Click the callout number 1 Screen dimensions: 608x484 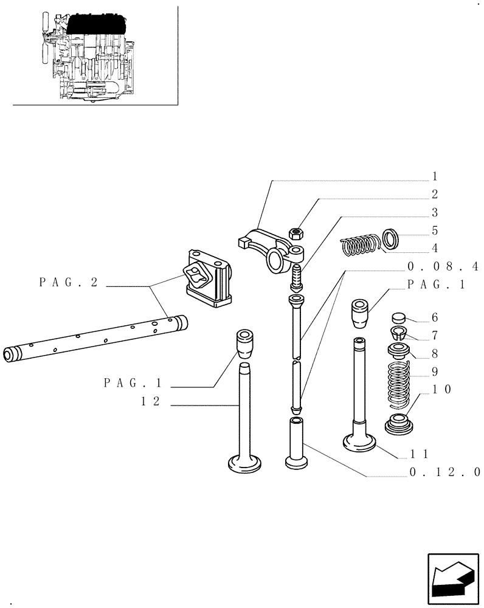(435, 176)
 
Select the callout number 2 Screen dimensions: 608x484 (435, 195)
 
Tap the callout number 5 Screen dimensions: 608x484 (435, 231)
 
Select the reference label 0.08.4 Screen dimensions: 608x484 (444, 266)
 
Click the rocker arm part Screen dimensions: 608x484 (268, 246)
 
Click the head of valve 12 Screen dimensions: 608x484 (245, 464)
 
